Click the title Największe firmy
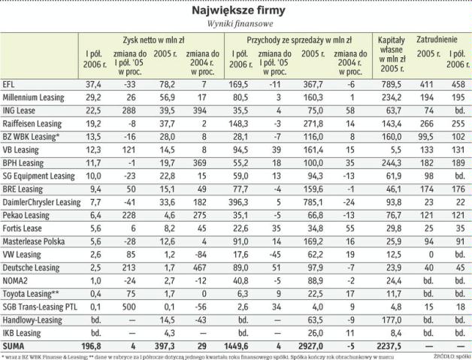click(x=236, y=11)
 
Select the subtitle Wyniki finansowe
click(x=236, y=25)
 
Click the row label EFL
click(x=10, y=85)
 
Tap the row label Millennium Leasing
click(x=35, y=98)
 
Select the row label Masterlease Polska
click(x=36, y=241)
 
